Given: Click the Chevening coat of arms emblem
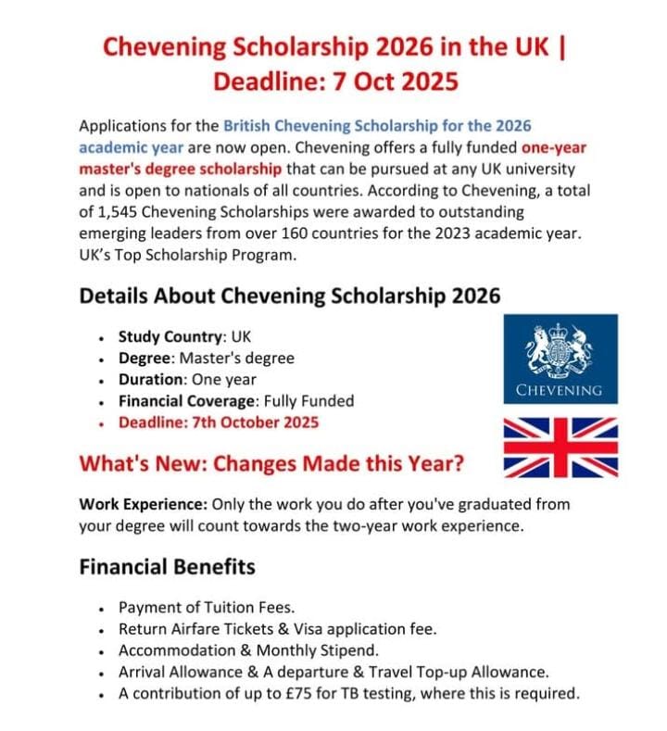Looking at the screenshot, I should (560, 349).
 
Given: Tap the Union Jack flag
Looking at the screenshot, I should (560, 447).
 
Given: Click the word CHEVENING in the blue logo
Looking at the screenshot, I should (560, 390).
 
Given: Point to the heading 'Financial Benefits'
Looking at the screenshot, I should (168, 565).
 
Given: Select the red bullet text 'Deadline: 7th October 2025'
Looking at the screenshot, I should (219, 422).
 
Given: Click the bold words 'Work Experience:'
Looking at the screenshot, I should (144, 505).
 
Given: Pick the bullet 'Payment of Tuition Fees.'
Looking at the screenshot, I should (206, 608).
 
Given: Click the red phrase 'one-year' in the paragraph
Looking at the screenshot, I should (553, 147).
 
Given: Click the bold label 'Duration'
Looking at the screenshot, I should (152, 380).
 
